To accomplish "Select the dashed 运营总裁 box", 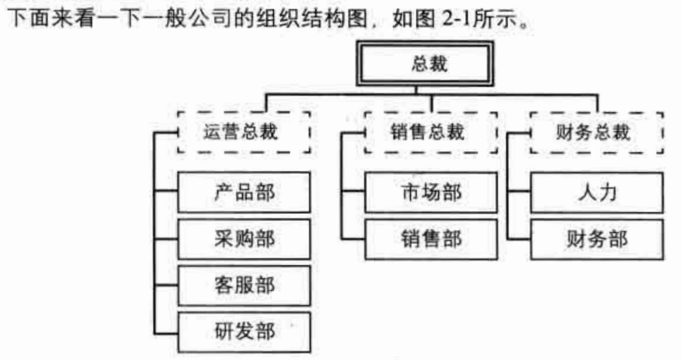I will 244,132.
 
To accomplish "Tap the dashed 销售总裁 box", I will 428,132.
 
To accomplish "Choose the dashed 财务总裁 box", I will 596,132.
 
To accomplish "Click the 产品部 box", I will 244,191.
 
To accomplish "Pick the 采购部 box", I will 244,239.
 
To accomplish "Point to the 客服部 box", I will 244,285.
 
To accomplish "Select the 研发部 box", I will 244,332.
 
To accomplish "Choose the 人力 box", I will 596,191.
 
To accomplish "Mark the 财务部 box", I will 596,239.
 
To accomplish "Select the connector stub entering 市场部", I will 353,191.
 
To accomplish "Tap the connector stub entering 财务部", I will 519,239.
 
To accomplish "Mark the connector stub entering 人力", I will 519,191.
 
